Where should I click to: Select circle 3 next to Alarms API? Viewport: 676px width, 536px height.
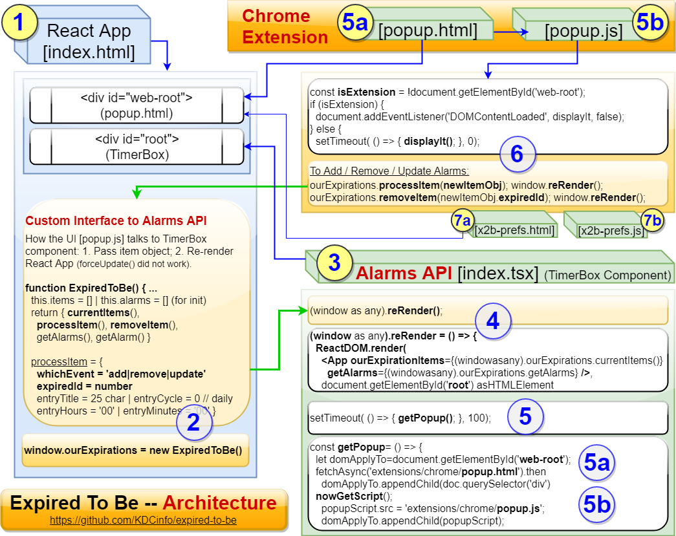[334, 263]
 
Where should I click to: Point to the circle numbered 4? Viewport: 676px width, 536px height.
[493, 321]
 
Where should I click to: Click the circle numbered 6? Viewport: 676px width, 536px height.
[517, 155]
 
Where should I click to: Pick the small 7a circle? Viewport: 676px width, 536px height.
[463, 221]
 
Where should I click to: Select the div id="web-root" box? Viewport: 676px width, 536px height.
[136, 105]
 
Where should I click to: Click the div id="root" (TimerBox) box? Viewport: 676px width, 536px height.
[136, 147]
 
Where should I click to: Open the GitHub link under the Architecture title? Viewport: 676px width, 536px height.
[143, 520]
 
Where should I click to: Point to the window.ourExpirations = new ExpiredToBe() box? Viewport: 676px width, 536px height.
[136, 449]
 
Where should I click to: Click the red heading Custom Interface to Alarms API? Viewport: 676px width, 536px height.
[116, 221]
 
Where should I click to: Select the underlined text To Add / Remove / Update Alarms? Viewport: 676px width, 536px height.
[389, 171]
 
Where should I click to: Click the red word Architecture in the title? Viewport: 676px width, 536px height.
[219, 503]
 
